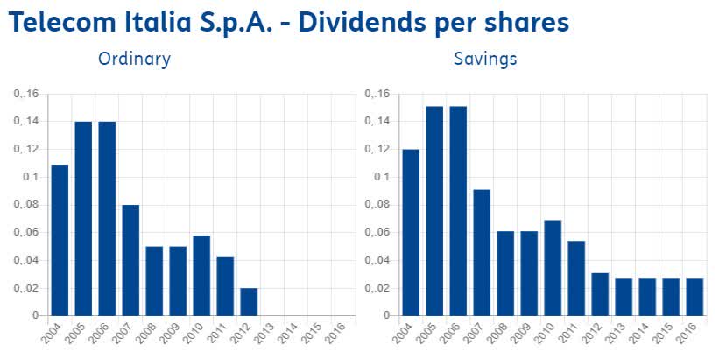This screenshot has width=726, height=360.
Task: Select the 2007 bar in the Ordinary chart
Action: [x=130, y=260]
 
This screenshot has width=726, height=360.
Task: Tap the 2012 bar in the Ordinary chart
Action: [x=249, y=301]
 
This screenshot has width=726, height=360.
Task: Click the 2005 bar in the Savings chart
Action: [x=434, y=210]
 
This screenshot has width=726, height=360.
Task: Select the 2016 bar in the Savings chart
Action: [x=694, y=296]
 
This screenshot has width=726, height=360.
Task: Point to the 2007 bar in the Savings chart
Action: [x=482, y=252]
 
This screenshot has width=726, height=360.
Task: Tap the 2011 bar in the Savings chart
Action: [x=576, y=278]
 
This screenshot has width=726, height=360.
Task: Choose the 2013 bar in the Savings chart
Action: [x=623, y=296]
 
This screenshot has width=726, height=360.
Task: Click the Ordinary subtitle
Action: [x=134, y=60]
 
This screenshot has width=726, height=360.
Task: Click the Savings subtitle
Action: [x=485, y=60]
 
